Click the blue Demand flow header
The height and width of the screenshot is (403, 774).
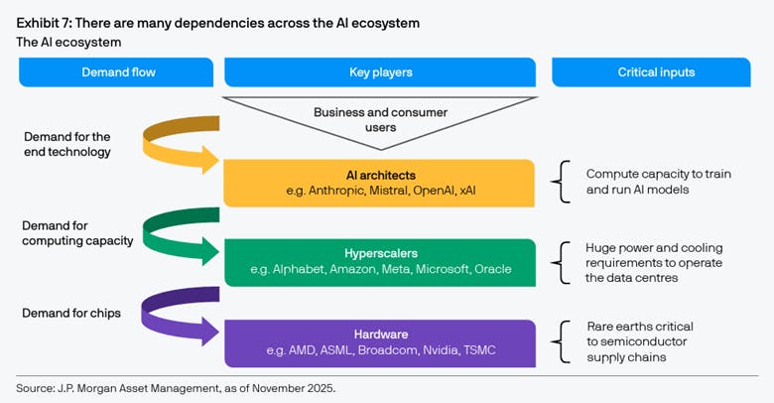point(116,72)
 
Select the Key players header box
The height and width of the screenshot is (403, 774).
point(381,72)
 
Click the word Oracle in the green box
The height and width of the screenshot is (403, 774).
point(494,269)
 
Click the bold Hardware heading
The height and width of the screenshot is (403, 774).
point(381,335)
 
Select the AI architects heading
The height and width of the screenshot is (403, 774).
point(381,174)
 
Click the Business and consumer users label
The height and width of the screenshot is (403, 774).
point(381,119)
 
